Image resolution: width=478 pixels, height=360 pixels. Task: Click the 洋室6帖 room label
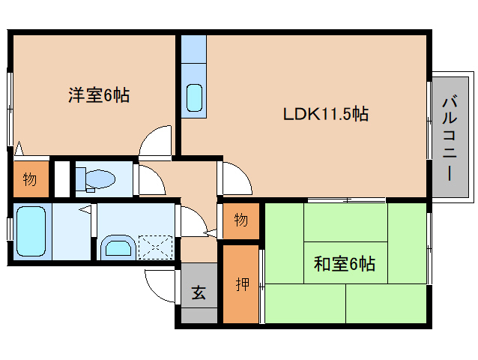[x=98, y=95]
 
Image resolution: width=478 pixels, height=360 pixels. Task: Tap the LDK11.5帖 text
[x=325, y=115]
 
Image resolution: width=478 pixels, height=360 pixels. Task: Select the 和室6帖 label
[x=345, y=264]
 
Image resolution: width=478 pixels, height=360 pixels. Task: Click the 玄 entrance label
[x=199, y=293]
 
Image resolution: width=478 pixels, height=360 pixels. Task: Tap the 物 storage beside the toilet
[x=29, y=179]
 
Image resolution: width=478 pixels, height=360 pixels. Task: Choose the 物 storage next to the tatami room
[x=240, y=220]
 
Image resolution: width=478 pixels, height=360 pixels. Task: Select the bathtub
[x=31, y=230]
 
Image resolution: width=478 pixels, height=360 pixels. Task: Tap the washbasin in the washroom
[x=118, y=247]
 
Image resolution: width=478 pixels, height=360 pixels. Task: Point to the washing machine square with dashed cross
[x=156, y=246]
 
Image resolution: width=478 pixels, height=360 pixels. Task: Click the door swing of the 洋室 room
[x=157, y=142]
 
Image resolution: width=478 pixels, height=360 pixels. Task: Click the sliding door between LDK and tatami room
[x=346, y=200]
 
